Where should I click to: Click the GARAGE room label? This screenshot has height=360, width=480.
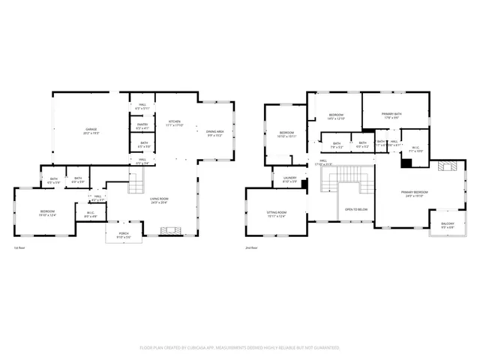[91, 132]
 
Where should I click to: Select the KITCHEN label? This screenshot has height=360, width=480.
[174, 123]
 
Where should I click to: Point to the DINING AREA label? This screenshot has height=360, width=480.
[215, 133]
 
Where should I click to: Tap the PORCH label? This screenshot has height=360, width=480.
[123, 235]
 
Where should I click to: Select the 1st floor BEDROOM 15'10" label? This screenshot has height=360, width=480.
[47, 214]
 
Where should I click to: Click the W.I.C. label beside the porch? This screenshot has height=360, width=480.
[90, 214]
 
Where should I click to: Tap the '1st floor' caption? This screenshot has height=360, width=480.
[20, 247]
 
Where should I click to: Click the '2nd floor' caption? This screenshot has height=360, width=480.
[251, 247]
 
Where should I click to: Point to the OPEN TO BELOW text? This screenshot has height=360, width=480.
[355, 209]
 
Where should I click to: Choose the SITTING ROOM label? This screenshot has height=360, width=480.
[277, 214]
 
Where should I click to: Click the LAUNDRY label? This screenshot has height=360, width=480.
[289, 180]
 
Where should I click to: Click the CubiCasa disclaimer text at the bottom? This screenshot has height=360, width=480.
[240, 348]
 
